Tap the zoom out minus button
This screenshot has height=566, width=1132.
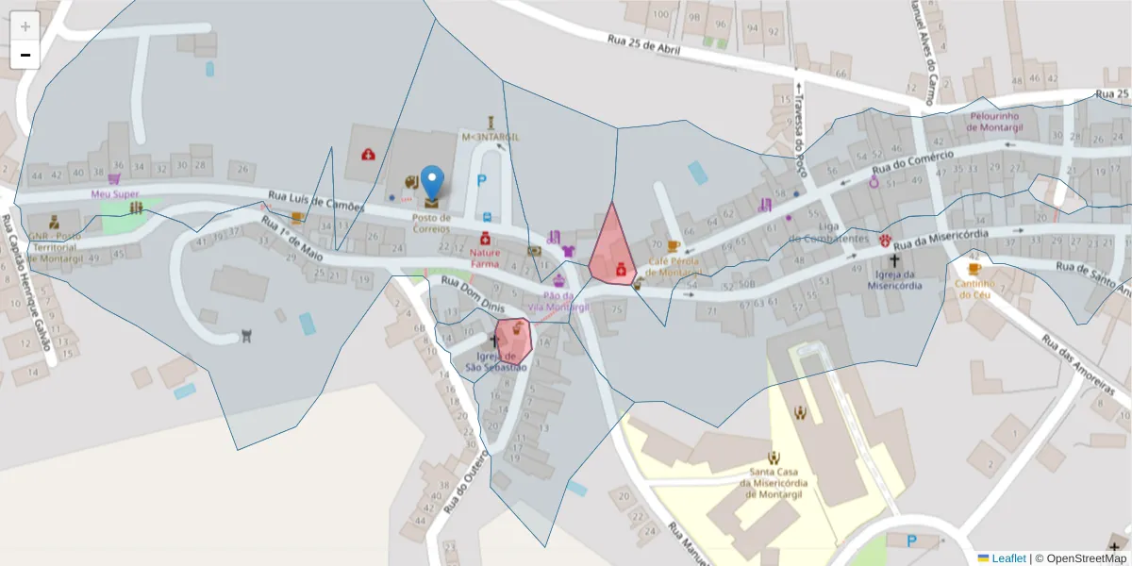(25, 55)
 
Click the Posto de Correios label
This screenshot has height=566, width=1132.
(431, 224)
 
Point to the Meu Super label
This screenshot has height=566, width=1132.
(115, 194)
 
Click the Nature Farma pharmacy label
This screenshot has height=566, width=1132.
(485, 258)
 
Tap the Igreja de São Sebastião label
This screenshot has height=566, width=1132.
(496, 362)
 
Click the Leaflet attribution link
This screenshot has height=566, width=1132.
(1007, 558)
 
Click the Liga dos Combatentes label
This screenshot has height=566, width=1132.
(830, 233)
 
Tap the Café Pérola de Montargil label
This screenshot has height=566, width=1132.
(674, 267)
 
